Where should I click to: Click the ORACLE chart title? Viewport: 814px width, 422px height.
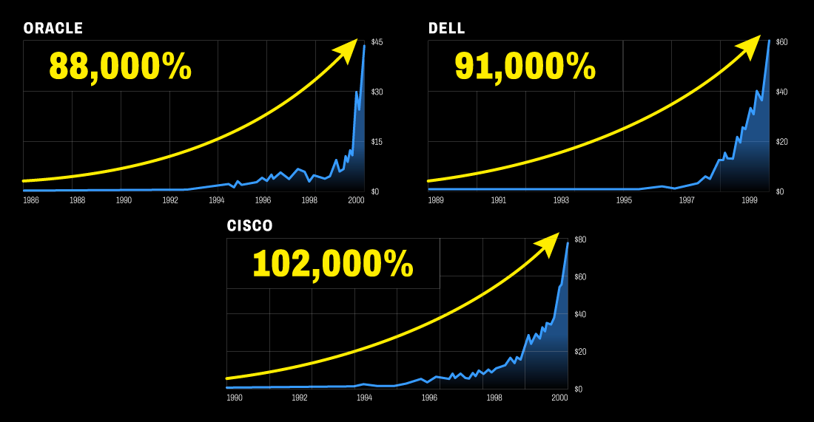tap(53, 29)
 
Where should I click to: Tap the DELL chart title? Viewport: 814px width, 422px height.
tap(447, 29)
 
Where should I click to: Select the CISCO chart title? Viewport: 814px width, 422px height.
tap(250, 226)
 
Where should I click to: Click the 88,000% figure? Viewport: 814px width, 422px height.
tap(121, 67)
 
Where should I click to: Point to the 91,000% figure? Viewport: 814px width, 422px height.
tap(525, 67)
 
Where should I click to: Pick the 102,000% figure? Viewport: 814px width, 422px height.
tap(333, 265)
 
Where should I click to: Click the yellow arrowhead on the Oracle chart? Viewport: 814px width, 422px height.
tap(346, 51)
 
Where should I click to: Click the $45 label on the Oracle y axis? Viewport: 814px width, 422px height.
tap(377, 42)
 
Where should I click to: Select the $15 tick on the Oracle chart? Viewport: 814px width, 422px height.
tap(377, 142)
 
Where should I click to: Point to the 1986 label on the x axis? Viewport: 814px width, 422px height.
tap(31, 200)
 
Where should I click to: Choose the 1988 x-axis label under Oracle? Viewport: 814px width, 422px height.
tap(77, 200)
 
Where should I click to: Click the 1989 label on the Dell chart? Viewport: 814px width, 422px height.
tap(436, 200)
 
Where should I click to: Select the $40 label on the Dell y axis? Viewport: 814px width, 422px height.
tap(781, 92)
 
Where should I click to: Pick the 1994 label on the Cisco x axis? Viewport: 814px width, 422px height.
tap(364, 398)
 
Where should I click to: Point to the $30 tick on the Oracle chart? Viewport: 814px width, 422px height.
tap(377, 92)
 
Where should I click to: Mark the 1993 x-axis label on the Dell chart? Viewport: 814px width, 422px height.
tap(562, 200)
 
